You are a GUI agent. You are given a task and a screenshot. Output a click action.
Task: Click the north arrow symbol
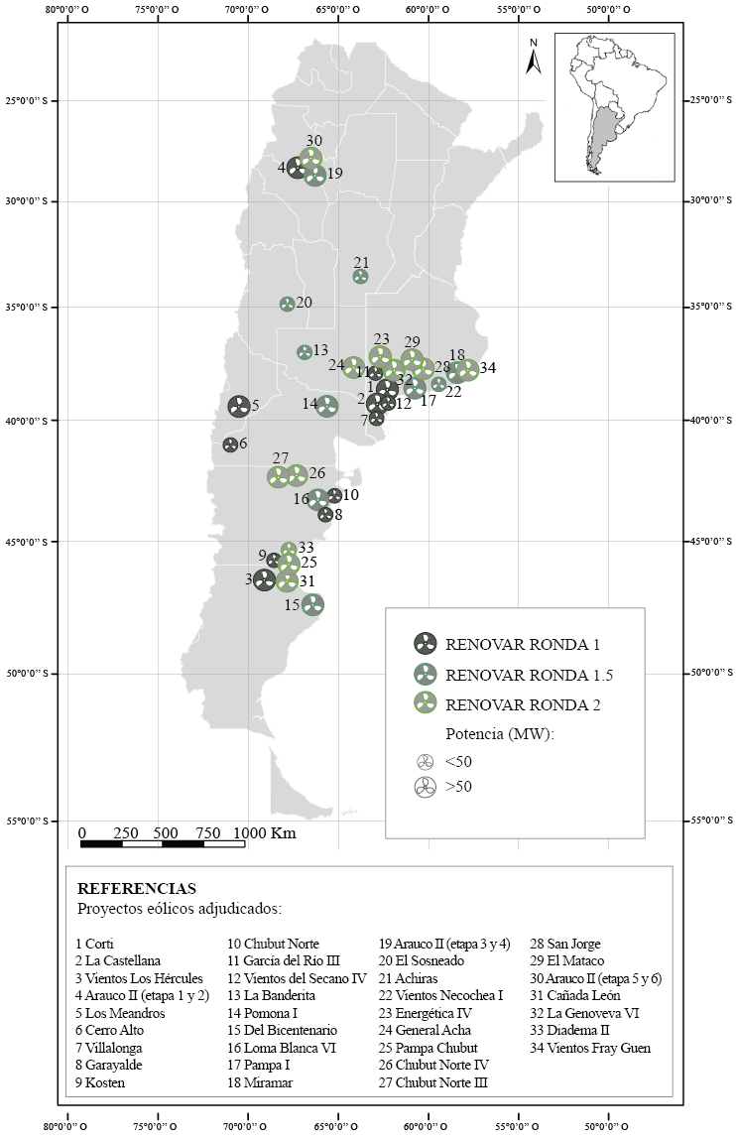pos(534,58)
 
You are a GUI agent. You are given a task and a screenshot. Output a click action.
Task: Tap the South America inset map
pos(614,107)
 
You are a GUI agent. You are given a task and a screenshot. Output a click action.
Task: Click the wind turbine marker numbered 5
pos(239,406)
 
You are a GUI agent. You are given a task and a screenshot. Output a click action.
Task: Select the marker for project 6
pos(230,444)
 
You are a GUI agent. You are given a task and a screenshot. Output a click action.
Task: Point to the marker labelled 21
pos(361,277)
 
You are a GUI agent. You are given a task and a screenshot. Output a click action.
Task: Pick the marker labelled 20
pos(287,304)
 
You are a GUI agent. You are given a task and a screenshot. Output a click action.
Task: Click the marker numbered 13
pos(305,352)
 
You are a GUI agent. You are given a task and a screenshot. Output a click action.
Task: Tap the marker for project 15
pos(313,604)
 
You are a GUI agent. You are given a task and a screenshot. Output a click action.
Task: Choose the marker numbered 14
pos(327,405)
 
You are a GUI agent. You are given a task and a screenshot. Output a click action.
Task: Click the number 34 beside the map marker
pos(487,368)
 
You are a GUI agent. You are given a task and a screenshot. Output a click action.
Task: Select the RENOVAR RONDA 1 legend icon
pos(425,643)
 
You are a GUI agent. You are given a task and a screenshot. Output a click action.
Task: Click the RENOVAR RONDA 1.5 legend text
pos(529,676)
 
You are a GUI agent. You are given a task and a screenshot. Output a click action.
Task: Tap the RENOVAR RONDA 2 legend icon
pos(425,705)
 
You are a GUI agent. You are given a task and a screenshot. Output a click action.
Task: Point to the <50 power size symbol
pos(425,762)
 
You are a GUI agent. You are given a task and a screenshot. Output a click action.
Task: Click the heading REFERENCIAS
pos(137,888)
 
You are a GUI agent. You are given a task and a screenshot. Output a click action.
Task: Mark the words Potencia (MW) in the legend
pos(499,735)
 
